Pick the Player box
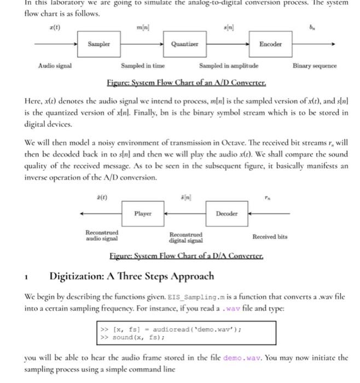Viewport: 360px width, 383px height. pos(143,213)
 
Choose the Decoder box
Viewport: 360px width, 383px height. pos(227,213)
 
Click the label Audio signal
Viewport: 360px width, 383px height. pos(55,66)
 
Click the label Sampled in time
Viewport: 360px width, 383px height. pos(143,66)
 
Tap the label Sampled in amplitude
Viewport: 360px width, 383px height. pos(229,66)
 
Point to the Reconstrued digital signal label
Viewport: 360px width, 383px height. pos(186,237)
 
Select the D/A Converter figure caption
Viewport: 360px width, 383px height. pos(187,256)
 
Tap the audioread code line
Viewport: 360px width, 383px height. pos(172,329)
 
